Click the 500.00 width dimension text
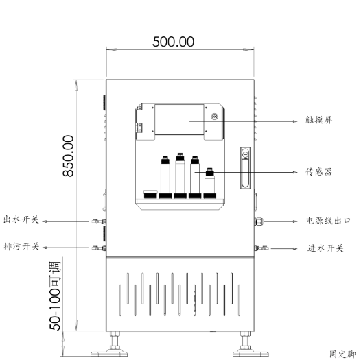click(x=172, y=41)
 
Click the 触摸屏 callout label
click(x=319, y=119)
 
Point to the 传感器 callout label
click(x=319, y=172)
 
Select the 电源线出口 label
click(x=328, y=221)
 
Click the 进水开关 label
click(x=325, y=248)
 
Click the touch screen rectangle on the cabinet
click(x=178, y=120)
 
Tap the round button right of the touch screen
click(x=213, y=116)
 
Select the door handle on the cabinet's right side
click(x=244, y=167)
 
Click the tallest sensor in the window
click(x=180, y=175)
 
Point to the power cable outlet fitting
click(x=259, y=221)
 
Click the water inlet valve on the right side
click(x=263, y=248)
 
